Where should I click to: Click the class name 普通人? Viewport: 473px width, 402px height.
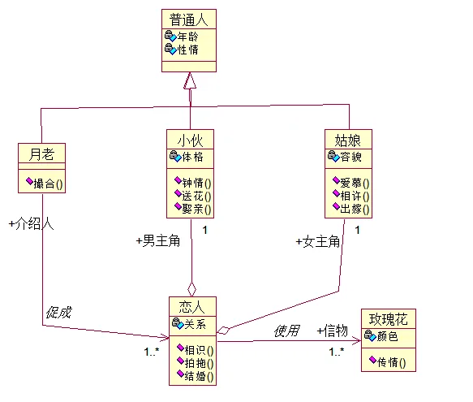[189, 19]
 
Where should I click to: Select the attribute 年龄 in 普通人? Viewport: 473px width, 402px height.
[187, 37]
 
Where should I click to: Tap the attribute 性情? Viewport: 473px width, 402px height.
[187, 50]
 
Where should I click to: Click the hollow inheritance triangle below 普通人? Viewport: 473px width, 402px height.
[190, 80]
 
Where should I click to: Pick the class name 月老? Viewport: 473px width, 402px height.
[41, 154]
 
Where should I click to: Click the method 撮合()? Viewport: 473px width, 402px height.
[48, 184]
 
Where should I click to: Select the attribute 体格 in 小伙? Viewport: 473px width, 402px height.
[192, 157]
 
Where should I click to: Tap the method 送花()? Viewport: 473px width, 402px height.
[196, 196]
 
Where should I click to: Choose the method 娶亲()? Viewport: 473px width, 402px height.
[196, 209]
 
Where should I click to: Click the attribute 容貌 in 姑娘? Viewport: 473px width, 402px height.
[350, 157]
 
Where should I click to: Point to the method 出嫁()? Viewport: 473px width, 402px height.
[355, 209]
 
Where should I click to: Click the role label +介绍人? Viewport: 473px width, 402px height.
[31, 224]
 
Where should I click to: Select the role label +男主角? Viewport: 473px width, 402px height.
[158, 240]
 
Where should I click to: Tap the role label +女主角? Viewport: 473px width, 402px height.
[318, 242]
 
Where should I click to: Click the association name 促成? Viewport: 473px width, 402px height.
[58, 313]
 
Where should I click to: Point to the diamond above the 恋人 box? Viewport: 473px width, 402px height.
[191, 289]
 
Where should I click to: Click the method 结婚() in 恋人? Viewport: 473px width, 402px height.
[199, 376]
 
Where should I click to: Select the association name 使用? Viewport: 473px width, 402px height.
[287, 331]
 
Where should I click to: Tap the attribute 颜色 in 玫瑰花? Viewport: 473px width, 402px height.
[387, 336]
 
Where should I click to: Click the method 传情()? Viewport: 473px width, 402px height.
[392, 362]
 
